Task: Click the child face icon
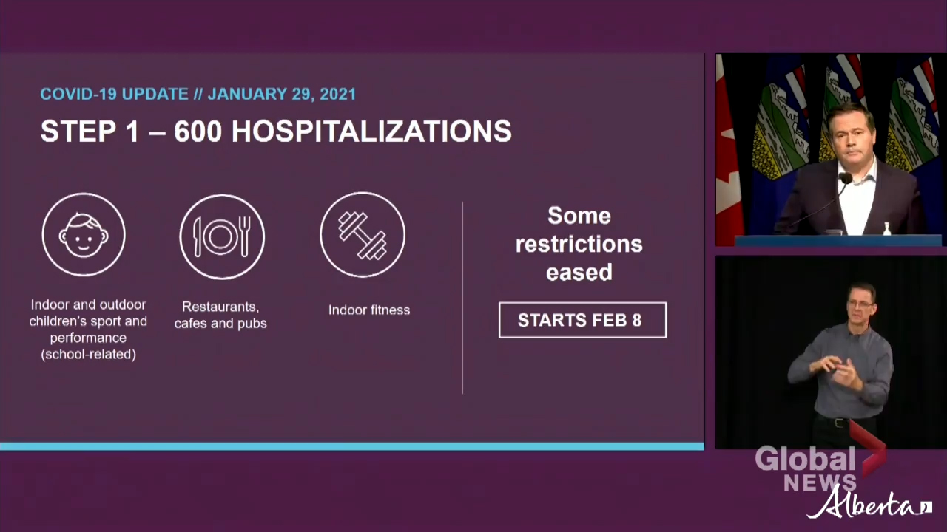(x=84, y=235)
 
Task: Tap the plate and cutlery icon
(x=222, y=236)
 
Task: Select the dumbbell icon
(x=363, y=235)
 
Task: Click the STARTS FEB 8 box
(x=582, y=320)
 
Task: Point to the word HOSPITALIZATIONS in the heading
(x=371, y=131)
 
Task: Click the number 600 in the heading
(x=198, y=131)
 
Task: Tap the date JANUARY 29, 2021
(x=282, y=94)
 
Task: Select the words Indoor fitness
(x=369, y=310)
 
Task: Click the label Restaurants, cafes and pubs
(x=220, y=315)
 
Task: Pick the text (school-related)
(x=88, y=354)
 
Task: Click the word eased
(x=579, y=272)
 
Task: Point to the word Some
(x=579, y=216)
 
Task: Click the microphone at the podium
(x=846, y=178)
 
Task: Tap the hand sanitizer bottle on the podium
(x=886, y=228)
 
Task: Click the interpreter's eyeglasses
(x=860, y=304)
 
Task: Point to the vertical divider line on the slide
(x=462, y=298)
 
